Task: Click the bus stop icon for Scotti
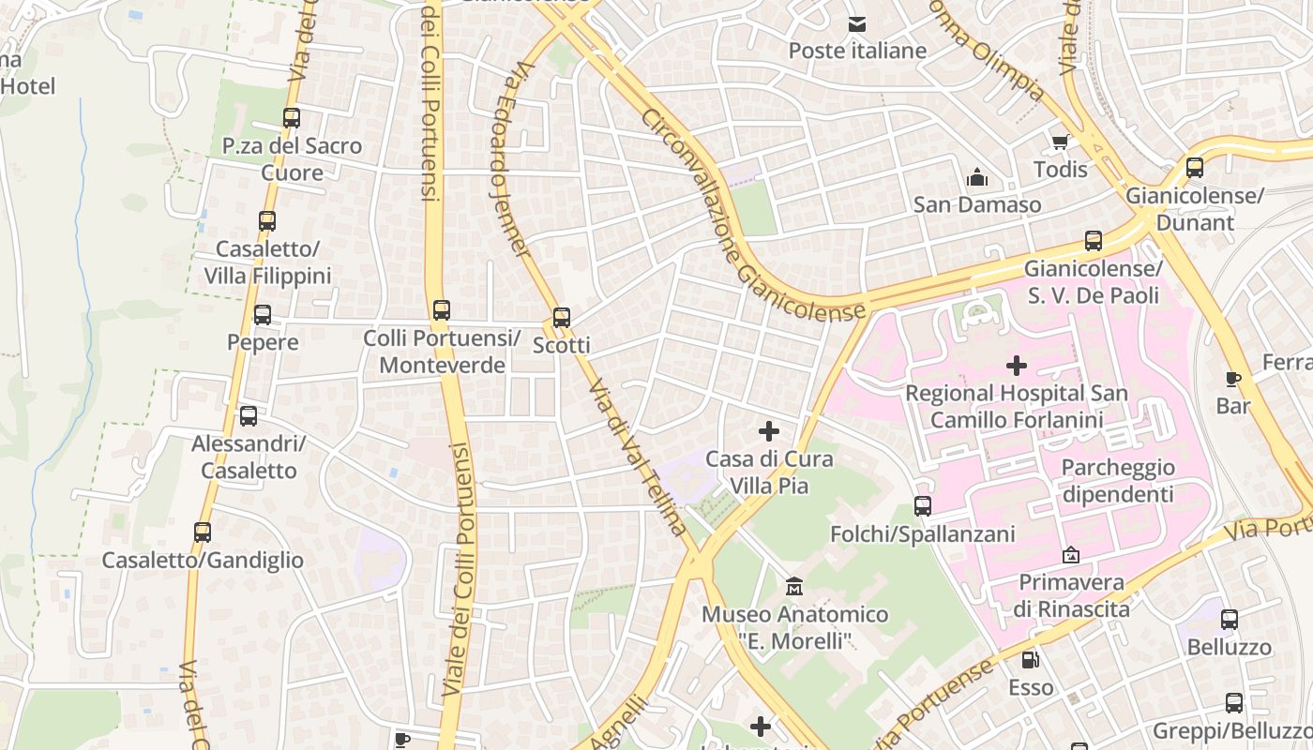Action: click(561, 318)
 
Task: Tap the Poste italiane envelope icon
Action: click(857, 24)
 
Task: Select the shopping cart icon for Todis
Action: click(1060, 142)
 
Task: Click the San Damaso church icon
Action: click(977, 177)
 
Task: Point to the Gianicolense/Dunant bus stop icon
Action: click(1194, 168)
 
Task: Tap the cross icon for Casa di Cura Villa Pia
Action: click(769, 431)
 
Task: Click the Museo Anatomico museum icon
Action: click(794, 587)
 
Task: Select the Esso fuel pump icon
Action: click(1030, 660)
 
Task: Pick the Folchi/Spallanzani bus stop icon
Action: click(923, 506)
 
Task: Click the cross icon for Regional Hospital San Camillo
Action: click(1016, 366)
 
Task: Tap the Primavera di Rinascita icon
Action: click(1071, 555)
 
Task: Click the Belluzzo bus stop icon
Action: click(1229, 620)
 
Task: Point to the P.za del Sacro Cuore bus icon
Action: click(292, 118)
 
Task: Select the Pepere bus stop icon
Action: click(263, 315)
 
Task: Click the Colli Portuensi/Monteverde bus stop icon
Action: click(441, 310)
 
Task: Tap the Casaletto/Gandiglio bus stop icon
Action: click(203, 532)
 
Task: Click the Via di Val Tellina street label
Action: click(639, 457)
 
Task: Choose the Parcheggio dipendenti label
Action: click(1117, 481)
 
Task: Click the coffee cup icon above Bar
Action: click(1233, 379)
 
